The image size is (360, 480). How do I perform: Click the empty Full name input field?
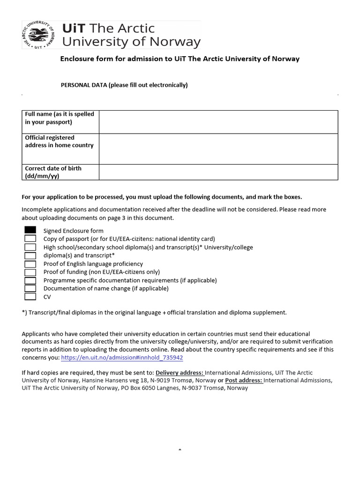(218, 122)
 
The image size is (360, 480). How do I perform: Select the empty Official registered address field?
(218, 149)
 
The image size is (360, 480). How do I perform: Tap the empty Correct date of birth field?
(218, 172)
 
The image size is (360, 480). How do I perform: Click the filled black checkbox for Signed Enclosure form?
(30, 230)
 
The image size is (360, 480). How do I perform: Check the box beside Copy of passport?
(30, 239)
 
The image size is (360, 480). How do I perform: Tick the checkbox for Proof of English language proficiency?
(30, 264)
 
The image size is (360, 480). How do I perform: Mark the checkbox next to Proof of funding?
(30, 272)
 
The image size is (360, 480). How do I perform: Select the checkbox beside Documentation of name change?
(30, 288)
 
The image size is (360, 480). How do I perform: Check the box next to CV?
(30, 297)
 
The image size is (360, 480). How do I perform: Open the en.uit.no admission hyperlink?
(122, 358)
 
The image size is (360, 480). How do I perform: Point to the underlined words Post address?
(244, 381)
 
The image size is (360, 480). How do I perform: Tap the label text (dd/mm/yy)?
(42, 176)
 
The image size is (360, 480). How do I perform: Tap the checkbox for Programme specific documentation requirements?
(30, 280)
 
